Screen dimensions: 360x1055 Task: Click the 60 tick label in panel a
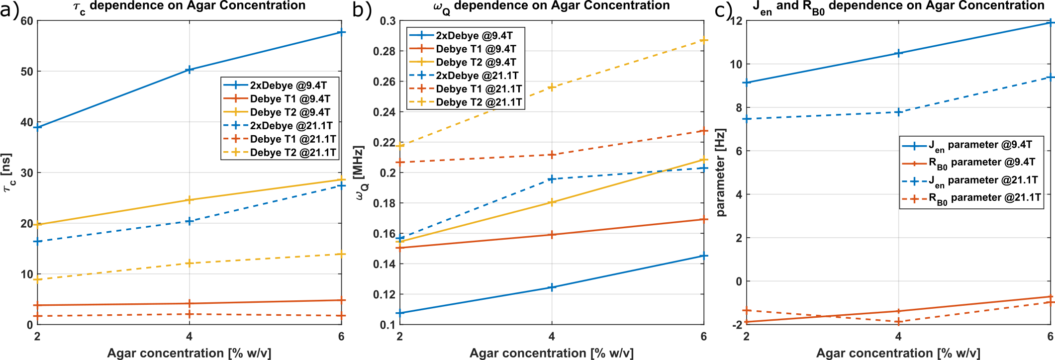click(x=27, y=21)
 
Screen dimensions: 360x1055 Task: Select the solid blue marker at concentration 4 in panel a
click(x=189, y=70)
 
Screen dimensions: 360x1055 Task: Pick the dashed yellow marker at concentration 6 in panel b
click(x=703, y=40)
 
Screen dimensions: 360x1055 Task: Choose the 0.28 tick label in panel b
click(x=384, y=51)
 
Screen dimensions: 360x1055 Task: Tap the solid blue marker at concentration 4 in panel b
click(x=552, y=287)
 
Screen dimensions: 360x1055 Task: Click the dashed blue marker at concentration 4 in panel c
click(x=898, y=112)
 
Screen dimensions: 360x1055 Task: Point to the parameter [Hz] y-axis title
click(x=721, y=173)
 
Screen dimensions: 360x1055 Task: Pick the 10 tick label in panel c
click(x=736, y=64)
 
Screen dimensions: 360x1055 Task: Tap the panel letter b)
click(x=362, y=10)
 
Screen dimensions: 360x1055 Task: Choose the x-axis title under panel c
click(x=898, y=353)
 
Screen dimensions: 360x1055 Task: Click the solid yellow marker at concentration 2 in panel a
click(x=37, y=225)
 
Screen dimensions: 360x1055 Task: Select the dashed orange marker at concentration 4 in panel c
click(x=898, y=322)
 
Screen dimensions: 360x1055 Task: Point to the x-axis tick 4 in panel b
click(x=552, y=337)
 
